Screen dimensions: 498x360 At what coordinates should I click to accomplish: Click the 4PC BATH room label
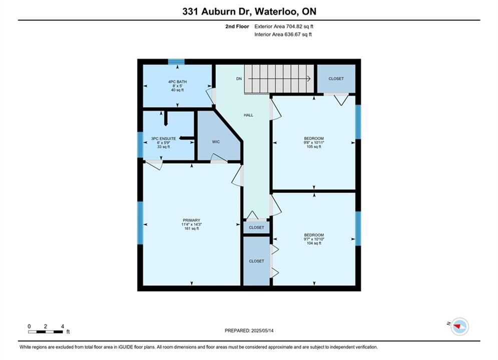[177, 82]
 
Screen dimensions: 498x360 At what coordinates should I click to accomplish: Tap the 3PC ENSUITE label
[164, 138]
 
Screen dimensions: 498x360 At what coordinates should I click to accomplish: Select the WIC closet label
[216, 142]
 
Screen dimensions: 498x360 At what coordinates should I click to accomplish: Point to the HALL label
[248, 115]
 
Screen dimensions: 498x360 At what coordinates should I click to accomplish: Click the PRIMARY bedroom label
[192, 220]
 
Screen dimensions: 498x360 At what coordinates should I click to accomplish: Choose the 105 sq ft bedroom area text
[314, 146]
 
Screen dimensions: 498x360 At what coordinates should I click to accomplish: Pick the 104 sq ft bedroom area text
[314, 243]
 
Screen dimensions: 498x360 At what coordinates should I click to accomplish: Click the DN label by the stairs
[239, 78]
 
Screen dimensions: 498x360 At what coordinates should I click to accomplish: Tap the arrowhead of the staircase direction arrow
[309, 78]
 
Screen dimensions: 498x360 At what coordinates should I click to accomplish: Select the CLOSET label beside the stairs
[336, 78]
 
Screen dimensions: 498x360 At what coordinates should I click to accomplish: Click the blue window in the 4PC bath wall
[176, 61]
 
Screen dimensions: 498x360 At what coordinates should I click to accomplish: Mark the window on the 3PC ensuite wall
[140, 144]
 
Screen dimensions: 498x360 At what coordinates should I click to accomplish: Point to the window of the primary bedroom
[140, 223]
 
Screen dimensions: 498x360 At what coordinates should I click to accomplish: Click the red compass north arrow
[457, 325]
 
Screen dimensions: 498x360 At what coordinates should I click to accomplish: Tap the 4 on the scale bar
[63, 326]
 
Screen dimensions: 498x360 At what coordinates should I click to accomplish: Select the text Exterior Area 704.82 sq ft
[284, 26]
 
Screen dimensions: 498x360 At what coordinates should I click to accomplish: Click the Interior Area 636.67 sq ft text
[283, 34]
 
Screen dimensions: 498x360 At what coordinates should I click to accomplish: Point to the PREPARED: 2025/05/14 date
[249, 330]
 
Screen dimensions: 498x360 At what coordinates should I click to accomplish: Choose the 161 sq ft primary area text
[192, 228]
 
